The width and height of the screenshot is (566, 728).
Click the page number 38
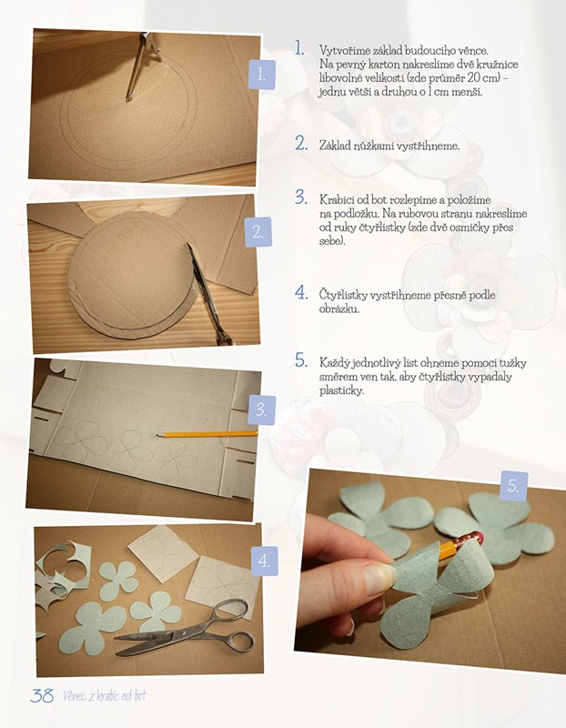pos(42,695)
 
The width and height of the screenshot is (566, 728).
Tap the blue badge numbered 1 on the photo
pos(262,75)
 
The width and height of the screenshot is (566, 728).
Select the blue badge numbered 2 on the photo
pos(258,232)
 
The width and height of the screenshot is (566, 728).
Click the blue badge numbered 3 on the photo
pos(261,410)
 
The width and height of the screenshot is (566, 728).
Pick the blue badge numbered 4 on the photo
pos(264,561)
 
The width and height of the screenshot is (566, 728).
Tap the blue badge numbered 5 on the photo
pos(513,486)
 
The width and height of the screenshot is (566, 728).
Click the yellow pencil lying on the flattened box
pos(207,435)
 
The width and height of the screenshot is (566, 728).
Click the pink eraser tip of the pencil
pos(479,538)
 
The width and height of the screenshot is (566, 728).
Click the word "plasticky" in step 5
pos(341,390)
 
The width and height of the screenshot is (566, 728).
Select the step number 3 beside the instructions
pos(301,197)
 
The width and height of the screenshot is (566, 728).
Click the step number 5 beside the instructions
pos(301,360)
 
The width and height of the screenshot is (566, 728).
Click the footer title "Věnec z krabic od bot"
pos(105,695)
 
